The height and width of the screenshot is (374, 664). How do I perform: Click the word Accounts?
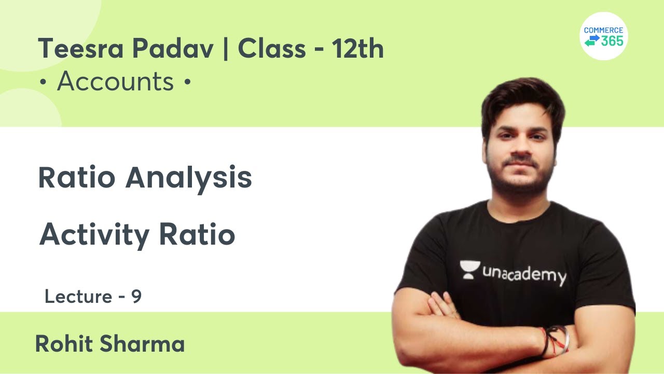(x=115, y=82)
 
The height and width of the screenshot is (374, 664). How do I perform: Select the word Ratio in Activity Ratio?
(x=197, y=235)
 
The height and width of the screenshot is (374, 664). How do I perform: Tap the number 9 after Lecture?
(x=136, y=297)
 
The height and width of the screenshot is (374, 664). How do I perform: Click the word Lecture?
(x=78, y=297)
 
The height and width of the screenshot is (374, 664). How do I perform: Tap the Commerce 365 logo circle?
(x=603, y=36)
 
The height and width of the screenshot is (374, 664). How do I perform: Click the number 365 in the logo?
(x=612, y=42)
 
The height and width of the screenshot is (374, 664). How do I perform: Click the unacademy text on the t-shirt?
(x=524, y=274)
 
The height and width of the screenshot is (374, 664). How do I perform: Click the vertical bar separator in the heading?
(x=226, y=49)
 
